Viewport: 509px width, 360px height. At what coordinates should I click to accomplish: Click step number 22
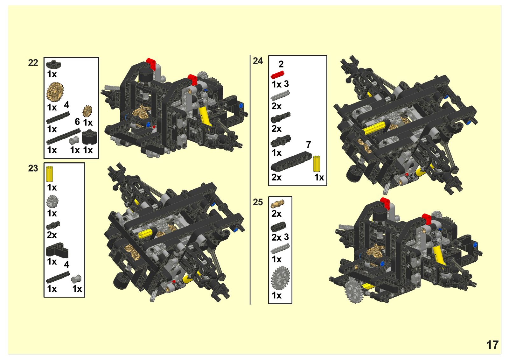tap(33, 63)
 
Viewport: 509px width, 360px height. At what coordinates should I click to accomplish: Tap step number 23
tap(33, 168)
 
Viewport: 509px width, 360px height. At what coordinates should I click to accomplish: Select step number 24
tap(258, 61)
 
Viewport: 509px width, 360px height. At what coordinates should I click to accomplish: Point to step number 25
tap(258, 202)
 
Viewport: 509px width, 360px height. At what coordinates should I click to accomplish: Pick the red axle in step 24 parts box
tap(278, 75)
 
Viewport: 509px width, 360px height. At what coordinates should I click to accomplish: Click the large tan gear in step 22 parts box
tap(55, 92)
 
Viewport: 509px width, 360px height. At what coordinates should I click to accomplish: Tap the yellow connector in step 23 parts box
tap(49, 174)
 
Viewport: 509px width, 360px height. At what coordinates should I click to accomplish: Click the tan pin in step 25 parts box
tap(277, 204)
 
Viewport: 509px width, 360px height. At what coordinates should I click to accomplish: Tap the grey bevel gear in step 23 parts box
tap(52, 202)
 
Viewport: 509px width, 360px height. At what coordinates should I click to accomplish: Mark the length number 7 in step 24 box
tap(308, 145)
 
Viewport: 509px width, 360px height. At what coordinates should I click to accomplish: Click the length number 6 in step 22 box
tap(78, 122)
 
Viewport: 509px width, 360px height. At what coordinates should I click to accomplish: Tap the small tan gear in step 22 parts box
tap(87, 111)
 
